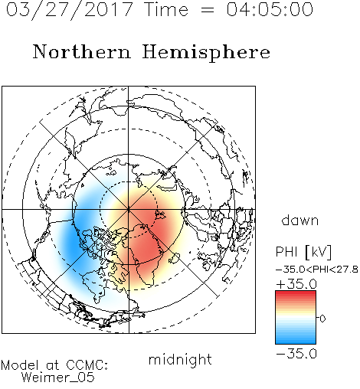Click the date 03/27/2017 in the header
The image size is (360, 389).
70,10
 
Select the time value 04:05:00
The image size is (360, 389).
270,9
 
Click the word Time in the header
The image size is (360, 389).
166,9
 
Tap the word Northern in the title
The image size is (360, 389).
82,52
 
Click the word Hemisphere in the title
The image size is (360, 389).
206,53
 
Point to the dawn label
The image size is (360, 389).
300,221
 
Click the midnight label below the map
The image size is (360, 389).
180,359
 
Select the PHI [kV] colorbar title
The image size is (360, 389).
303,252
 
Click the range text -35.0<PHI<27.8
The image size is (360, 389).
317,270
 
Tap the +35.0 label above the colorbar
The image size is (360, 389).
296,284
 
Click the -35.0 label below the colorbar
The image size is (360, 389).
296,354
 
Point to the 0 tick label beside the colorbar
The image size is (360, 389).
322,319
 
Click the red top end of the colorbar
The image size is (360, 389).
296,293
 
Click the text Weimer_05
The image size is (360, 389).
58,378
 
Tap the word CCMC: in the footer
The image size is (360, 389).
87,365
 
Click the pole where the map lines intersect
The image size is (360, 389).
129,210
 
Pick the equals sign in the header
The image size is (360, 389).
208,10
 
